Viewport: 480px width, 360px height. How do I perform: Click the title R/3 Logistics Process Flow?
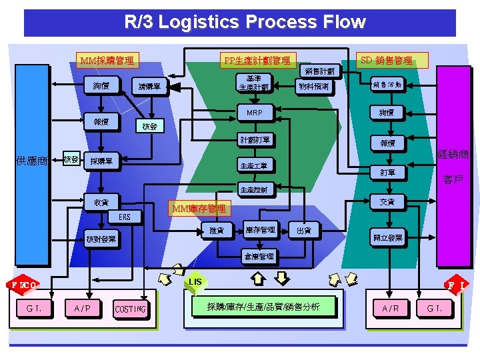coord(245,22)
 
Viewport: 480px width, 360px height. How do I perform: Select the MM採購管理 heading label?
coord(106,61)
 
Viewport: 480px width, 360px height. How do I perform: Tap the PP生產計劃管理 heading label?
coord(257,61)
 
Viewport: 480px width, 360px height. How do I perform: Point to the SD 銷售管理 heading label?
coord(386,60)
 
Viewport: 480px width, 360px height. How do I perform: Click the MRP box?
coord(254,113)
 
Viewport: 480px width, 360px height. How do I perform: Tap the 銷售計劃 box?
coord(321,70)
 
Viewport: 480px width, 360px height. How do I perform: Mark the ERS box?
coord(125,217)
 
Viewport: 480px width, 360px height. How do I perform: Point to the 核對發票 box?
coord(101,239)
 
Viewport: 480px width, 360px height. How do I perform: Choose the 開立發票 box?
coord(387,238)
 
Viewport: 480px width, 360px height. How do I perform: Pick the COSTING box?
coord(131,309)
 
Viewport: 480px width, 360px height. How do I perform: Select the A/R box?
coord(391,308)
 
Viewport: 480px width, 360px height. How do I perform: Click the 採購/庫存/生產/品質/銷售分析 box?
coord(263,307)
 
